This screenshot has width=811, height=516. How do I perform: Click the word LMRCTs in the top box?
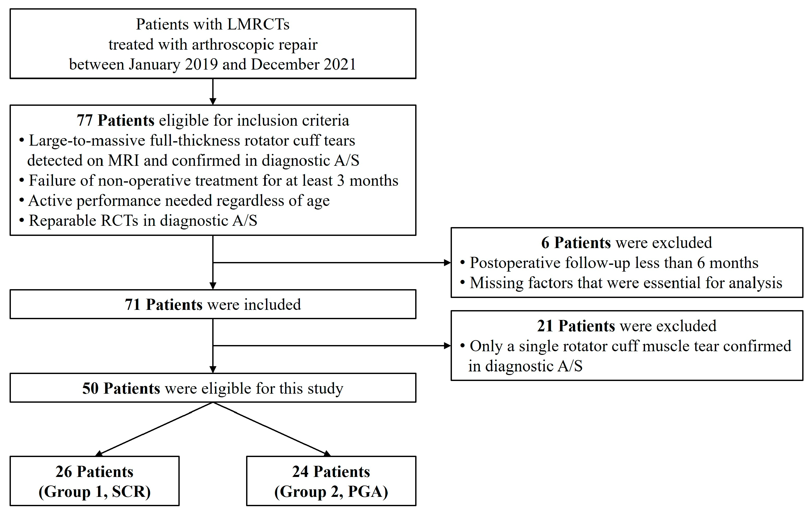[x=258, y=24]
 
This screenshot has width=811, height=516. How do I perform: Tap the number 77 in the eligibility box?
[x=85, y=120]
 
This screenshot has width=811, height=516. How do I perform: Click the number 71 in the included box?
[x=132, y=304]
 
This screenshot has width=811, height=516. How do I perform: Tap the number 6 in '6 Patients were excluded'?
[x=545, y=243]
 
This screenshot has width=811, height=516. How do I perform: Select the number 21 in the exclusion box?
[x=545, y=326]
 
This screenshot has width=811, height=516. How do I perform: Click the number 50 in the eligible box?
[x=90, y=388]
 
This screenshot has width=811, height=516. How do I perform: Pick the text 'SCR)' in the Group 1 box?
[x=131, y=491]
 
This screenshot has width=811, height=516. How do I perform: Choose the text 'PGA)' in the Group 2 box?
[x=368, y=491]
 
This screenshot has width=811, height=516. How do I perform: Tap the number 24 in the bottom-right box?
[x=300, y=472]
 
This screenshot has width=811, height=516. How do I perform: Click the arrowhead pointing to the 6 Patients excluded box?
[x=447, y=263]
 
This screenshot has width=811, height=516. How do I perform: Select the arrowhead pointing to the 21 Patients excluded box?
[x=447, y=346]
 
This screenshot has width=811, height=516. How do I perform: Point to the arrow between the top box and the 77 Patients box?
[x=213, y=92]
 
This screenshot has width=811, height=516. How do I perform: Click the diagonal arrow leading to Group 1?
[x=155, y=429]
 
